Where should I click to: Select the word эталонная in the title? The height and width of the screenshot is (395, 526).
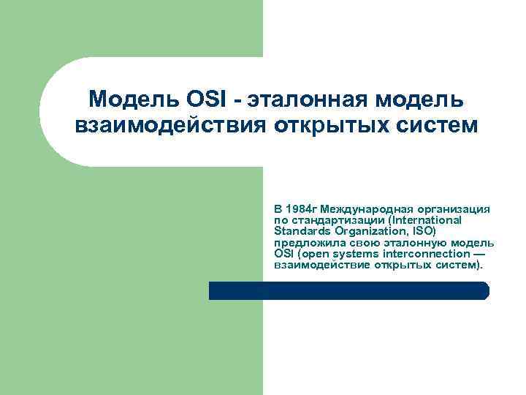click(308, 97)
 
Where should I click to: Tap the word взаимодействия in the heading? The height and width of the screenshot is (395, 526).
click(171, 125)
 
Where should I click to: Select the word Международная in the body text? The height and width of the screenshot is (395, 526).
click(363, 208)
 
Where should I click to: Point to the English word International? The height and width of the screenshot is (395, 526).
click(427, 219)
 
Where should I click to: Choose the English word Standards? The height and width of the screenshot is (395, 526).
click(301, 230)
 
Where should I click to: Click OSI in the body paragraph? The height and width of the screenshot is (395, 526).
click(283, 252)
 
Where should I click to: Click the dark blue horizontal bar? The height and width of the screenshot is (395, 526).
click(349, 290)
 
